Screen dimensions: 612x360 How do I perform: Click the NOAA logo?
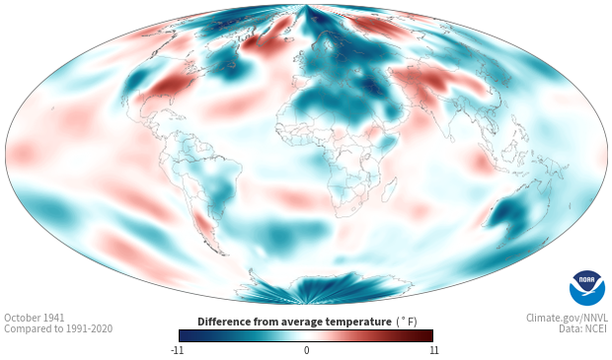tap(587, 288)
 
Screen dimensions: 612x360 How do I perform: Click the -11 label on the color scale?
tap(177, 350)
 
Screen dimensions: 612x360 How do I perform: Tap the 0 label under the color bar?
tap(306, 350)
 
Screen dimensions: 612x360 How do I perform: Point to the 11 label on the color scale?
tap(434, 350)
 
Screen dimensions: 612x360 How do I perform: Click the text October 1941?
tap(35, 318)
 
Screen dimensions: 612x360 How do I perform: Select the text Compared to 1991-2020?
tap(58, 328)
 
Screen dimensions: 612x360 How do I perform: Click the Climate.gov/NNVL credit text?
tap(567, 318)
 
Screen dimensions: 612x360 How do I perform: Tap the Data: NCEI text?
tap(583, 328)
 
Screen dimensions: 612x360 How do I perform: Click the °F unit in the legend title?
tap(407, 323)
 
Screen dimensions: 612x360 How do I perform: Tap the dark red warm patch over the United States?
tap(164, 87)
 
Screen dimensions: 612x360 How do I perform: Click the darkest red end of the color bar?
tap(429, 335)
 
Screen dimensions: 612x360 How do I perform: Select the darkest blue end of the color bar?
tap(183, 335)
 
